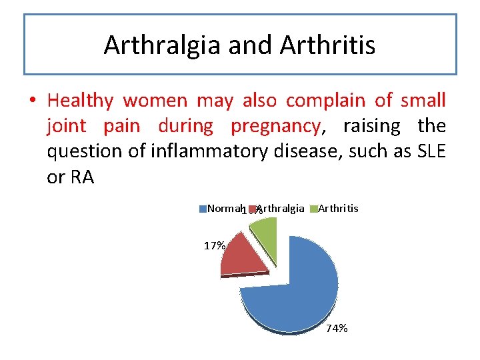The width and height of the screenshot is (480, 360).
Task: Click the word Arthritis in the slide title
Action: coord(327,45)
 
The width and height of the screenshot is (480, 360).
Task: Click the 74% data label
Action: coord(337,328)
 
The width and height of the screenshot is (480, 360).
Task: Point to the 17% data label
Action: coord(214,245)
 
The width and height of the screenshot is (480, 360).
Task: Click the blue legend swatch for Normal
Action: coord(203,209)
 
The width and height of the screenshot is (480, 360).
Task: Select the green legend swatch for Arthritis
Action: coord(314,209)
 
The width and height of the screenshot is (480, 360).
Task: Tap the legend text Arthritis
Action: coord(338,209)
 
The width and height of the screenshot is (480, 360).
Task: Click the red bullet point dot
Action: coord(32,101)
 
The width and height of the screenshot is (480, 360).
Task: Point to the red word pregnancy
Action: coord(275,126)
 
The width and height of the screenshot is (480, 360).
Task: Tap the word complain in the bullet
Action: coord(326,101)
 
